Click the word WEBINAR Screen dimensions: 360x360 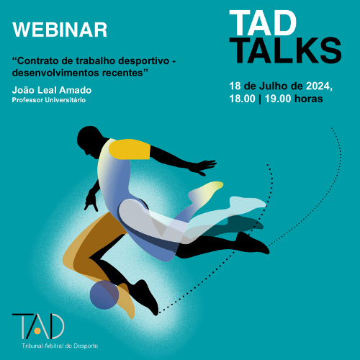(x=60, y=30)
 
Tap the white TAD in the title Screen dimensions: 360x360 (x=263, y=23)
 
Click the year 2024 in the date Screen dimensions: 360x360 (x=319, y=86)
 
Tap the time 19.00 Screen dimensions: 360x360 (x=278, y=99)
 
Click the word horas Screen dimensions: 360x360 (x=309, y=99)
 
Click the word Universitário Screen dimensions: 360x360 (x=66, y=100)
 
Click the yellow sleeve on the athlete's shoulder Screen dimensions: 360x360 (x=130, y=149)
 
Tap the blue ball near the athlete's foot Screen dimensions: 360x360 (x=104, y=295)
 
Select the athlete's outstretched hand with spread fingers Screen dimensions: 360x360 (x=203, y=166)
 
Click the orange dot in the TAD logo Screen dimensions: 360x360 (x=37, y=331)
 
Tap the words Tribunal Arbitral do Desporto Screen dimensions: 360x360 (x=60, y=346)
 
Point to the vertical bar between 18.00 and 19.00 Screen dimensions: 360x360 (x=260, y=99)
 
